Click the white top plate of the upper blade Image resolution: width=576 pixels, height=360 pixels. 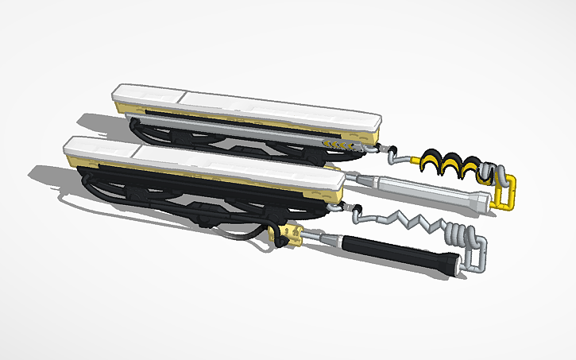[254, 106]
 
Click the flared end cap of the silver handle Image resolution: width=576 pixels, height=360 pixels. [478, 202]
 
